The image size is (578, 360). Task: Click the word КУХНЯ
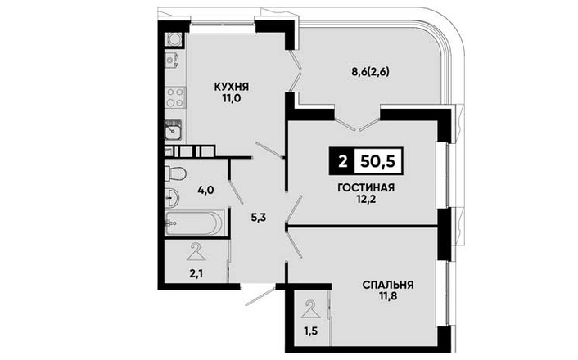[x=232, y=87]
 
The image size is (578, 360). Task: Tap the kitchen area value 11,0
[x=232, y=98]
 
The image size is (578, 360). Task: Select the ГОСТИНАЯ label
[x=366, y=187]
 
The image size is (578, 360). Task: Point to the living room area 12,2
[x=366, y=200]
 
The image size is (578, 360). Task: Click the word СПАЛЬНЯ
[x=388, y=285]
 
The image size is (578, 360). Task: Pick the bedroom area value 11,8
[x=388, y=297]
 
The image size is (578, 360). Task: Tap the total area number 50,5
[x=378, y=161]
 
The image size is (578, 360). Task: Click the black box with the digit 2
[x=341, y=161]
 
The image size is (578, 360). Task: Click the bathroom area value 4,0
[x=205, y=191]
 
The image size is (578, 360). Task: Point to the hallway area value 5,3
[x=259, y=218]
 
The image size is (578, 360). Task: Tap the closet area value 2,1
[x=196, y=274]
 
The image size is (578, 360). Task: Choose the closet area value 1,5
[x=310, y=331]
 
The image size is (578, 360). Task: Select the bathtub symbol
[x=194, y=223]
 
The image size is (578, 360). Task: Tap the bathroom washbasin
[x=172, y=198]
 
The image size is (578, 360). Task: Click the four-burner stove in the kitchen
[x=175, y=97]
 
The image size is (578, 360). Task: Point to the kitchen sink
[x=173, y=130]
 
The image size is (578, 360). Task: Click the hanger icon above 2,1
[x=196, y=252]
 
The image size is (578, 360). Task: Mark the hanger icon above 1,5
[x=310, y=309]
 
